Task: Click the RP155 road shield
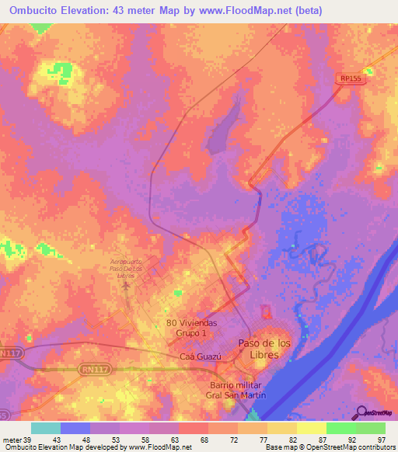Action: pos(351,78)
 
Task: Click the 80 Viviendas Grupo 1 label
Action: pos(191,327)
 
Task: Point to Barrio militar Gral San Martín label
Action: pos(238,391)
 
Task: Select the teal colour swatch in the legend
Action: pos(46,428)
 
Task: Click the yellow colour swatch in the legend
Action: pos(311,428)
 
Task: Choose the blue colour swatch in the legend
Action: pos(75,428)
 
